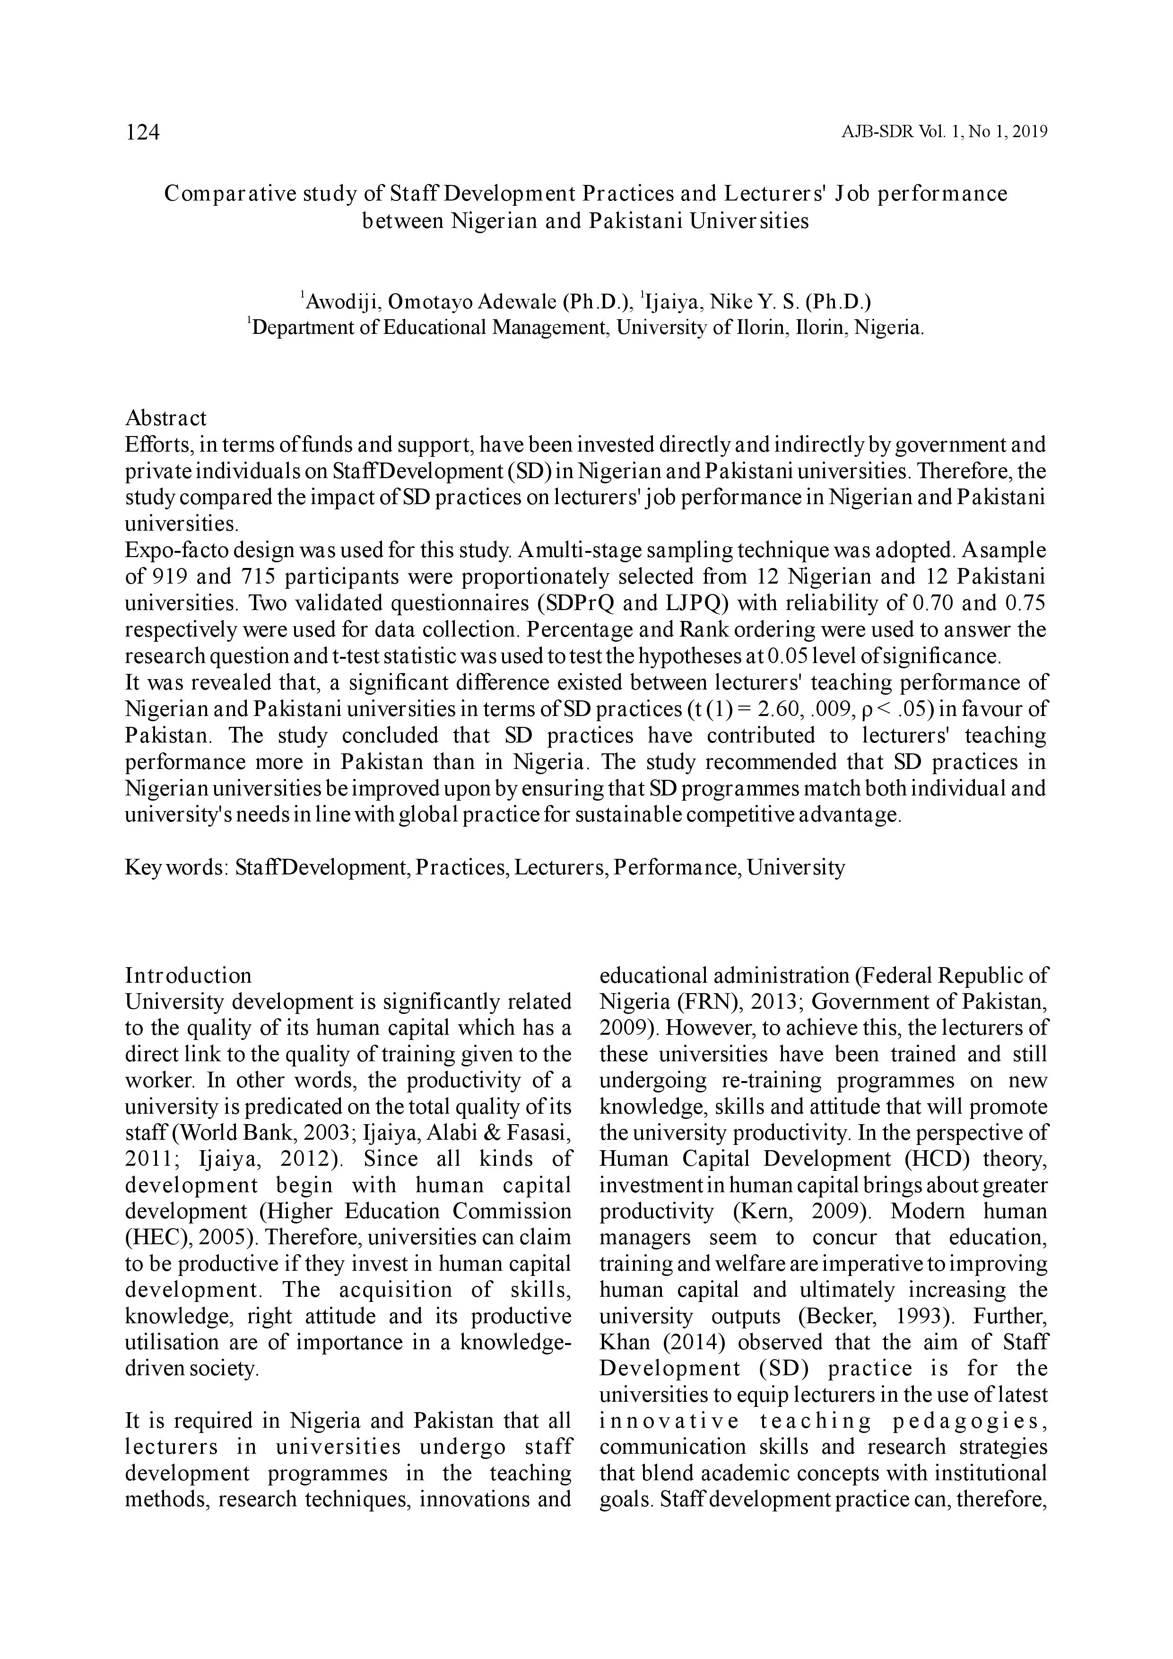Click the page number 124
point(142,132)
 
